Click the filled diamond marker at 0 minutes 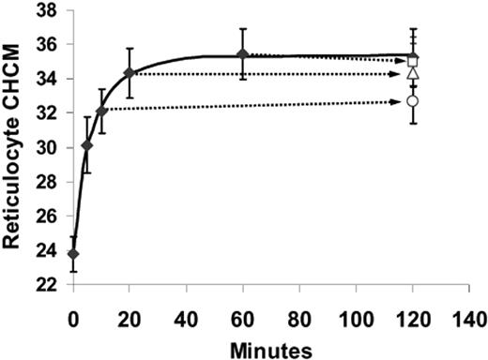pyautogui.click(x=73, y=254)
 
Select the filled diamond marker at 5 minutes pyautogui.click(x=87, y=145)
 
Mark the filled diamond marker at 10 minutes pyautogui.click(x=101, y=111)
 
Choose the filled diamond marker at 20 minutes pyautogui.click(x=130, y=72)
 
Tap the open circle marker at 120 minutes pyautogui.click(x=412, y=100)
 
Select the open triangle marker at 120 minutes pyautogui.click(x=412, y=73)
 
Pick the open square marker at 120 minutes pyautogui.click(x=412, y=60)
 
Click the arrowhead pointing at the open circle pyautogui.click(x=401, y=101)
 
